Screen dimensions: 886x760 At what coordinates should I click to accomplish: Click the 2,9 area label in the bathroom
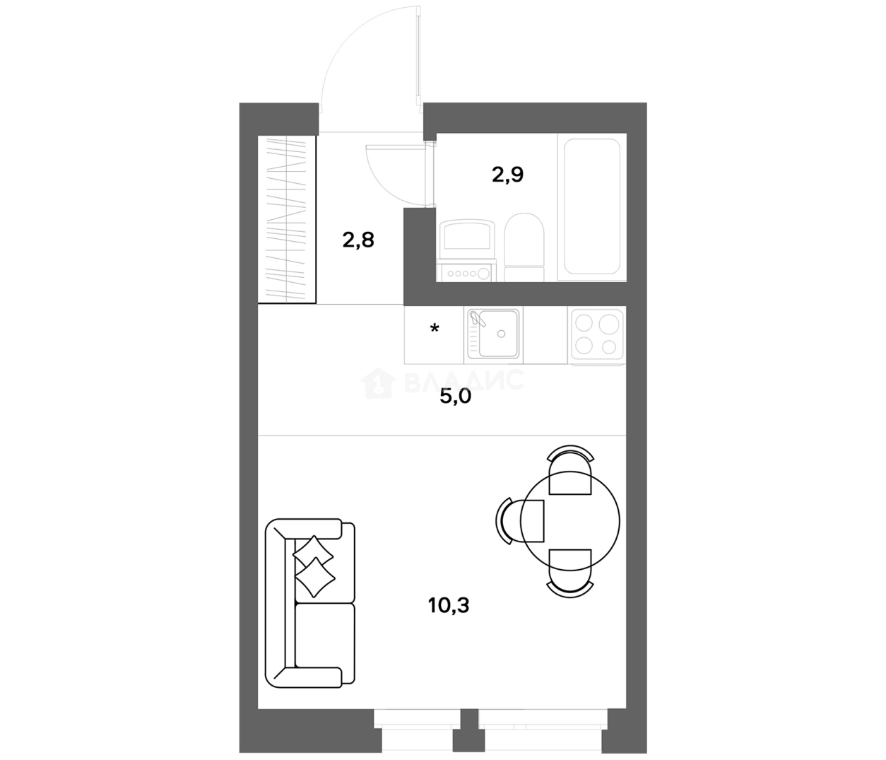coord(507,175)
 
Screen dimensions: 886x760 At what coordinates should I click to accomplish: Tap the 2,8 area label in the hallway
coord(358,240)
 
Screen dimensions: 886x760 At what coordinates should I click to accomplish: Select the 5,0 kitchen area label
coord(455,397)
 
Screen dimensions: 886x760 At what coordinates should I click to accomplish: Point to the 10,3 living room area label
coord(449,605)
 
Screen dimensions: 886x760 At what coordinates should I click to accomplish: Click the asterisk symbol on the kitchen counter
coord(435,329)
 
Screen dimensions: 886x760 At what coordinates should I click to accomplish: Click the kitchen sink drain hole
coord(501,334)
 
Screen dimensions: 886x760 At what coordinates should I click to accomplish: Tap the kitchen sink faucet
coord(476,318)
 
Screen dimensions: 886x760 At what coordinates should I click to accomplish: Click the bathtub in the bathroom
coord(592,206)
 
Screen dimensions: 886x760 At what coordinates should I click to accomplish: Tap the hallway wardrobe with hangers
coord(286,220)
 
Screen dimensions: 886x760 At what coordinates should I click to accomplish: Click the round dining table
coord(570,521)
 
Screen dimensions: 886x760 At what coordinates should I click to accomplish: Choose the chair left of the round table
coord(520,521)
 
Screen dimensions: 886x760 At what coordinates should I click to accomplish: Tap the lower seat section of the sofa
coord(325,636)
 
